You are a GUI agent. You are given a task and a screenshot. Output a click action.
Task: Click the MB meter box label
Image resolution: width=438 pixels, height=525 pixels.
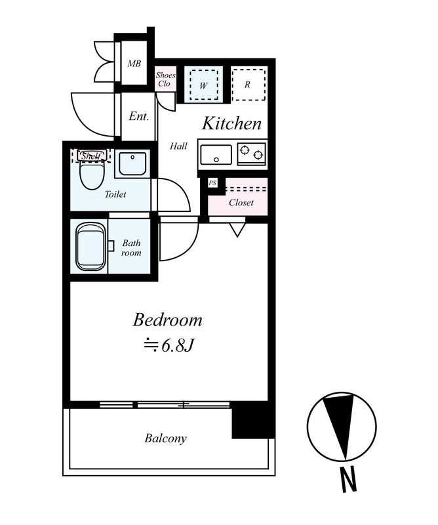coord(134,63)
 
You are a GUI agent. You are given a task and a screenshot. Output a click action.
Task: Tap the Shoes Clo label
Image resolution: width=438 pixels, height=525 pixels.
coord(165,79)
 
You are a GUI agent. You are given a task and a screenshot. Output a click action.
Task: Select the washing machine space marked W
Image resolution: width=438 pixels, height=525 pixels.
coord(203,85)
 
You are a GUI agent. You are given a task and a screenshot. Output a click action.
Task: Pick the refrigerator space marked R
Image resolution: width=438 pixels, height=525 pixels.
coord(249,84)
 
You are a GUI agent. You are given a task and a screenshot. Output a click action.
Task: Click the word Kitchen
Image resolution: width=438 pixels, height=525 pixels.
coord(231,123)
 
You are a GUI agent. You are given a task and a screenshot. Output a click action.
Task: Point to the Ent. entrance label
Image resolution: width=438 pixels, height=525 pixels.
coord(138,117)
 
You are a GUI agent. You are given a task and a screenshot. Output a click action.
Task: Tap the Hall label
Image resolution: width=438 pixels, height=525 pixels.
coord(178,146)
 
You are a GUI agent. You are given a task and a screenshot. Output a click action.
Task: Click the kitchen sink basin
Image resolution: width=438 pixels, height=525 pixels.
coord(216,154)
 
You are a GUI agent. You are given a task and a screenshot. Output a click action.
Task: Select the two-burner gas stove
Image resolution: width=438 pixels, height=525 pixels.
coord(252,154)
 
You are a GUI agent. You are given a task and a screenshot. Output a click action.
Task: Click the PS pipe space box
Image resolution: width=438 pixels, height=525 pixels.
coord(212,183)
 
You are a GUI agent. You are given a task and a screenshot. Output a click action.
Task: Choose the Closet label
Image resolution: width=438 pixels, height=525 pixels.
coord(241,203)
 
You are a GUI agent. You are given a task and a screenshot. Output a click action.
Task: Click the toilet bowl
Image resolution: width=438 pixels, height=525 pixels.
coord(92,175)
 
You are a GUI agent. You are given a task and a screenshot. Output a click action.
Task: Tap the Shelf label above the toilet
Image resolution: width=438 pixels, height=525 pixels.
coord(91,156)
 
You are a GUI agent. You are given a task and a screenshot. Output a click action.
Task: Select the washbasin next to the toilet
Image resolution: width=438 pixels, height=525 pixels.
coord(132,163)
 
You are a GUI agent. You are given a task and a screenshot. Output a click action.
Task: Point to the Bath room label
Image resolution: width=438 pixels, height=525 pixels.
coord(131,248)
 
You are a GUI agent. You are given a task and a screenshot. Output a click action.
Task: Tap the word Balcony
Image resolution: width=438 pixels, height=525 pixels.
coord(165,438)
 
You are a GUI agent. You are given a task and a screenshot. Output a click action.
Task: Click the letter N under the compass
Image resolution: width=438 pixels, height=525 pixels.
coord(348,480)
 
